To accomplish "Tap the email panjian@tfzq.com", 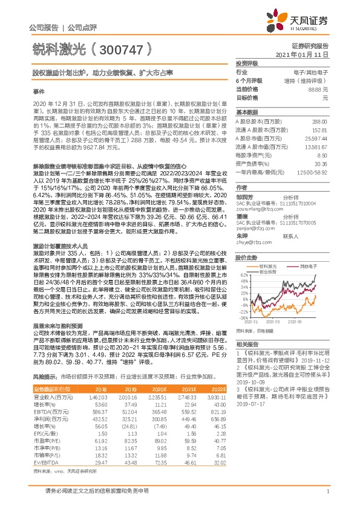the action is click(252, 229).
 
